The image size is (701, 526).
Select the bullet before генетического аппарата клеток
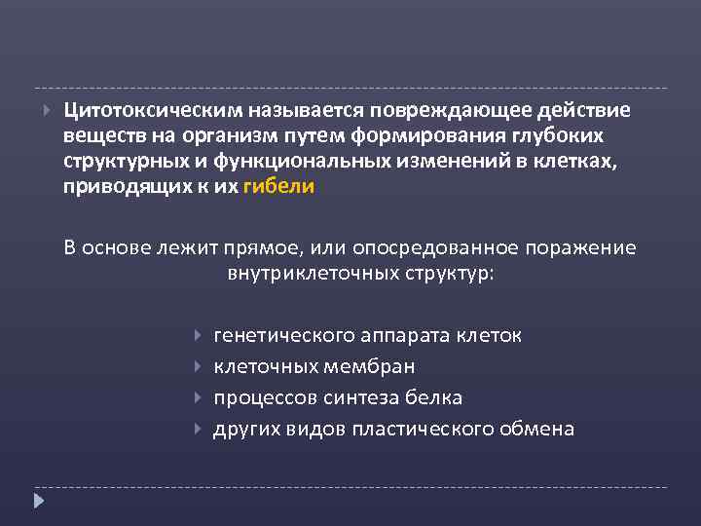point(199,336)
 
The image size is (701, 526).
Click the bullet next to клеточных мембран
point(199,367)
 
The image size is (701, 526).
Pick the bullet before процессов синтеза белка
point(199,398)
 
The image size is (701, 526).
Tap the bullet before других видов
point(199,429)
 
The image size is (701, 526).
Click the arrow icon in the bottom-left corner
point(40,503)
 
